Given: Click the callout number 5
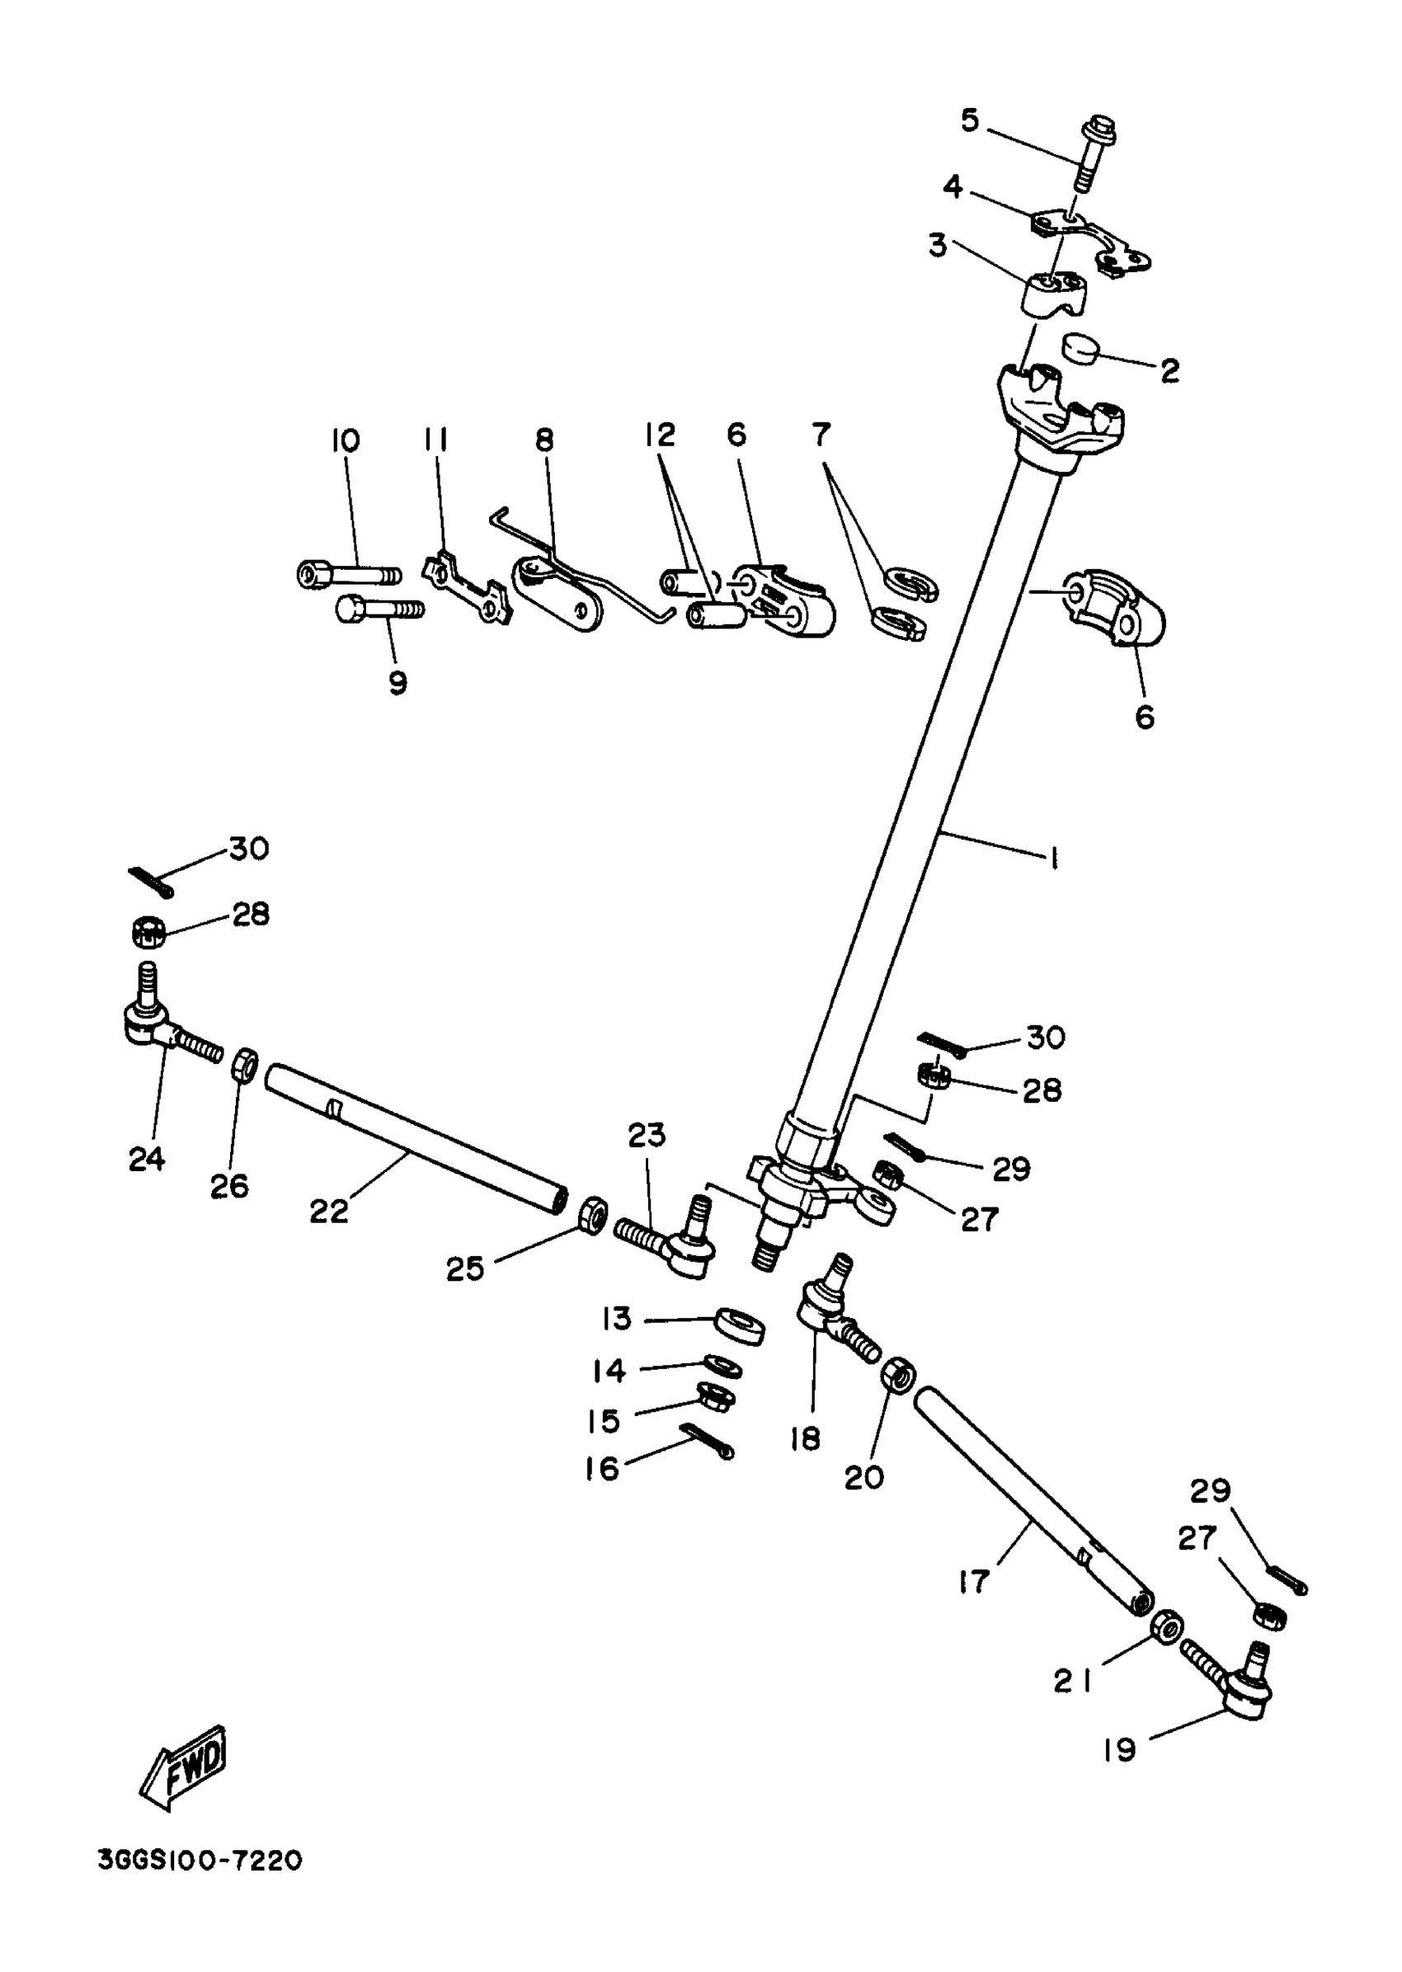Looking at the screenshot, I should pyautogui.click(x=971, y=121).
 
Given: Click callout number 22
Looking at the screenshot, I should pyautogui.click(x=329, y=1212).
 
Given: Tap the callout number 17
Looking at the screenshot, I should pyautogui.click(x=973, y=1582).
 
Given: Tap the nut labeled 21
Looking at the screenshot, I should pyautogui.click(x=1167, y=1625).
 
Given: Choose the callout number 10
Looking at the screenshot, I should pyautogui.click(x=345, y=441).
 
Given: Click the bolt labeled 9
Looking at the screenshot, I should pyautogui.click(x=378, y=609).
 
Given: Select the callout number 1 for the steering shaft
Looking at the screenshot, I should pyautogui.click(x=1053, y=859).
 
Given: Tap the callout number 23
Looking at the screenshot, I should pyautogui.click(x=647, y=1135).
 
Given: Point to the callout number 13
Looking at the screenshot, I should pyautogui.click(x=617, y=1319).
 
